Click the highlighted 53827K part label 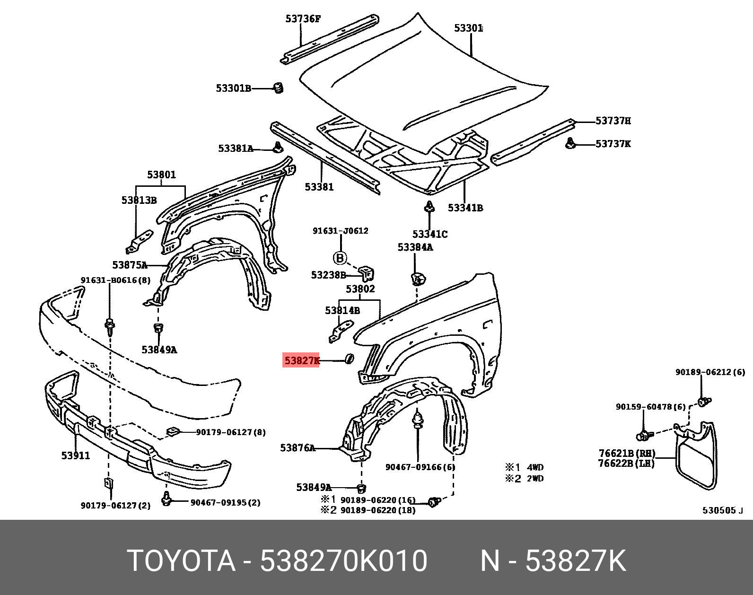click(x=301, y=360)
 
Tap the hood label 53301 click(x=468, y=28)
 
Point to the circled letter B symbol click(x=340, y=258)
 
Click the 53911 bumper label click(x=76, y=455)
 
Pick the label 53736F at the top click(x=303, y=19)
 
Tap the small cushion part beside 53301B click(x=279, y=87)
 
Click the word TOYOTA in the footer click(x=181, y=561)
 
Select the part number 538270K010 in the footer click(x=344, y=561)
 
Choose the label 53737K click(x=613, y=144)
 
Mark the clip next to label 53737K click(x=570, y=143)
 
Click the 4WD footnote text click(x=535, y=467)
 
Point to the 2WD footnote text click(x=535, y=479)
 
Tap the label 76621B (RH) click(x=627, y=453)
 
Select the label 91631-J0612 click(x=340, y=231)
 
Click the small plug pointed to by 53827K click(x=350, y=359)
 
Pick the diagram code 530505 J click(x=722, y=510)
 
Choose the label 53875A click(x=130, y=265)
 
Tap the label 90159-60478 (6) click(x=650, y=407)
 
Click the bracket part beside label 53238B click(x=367, y=273)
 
